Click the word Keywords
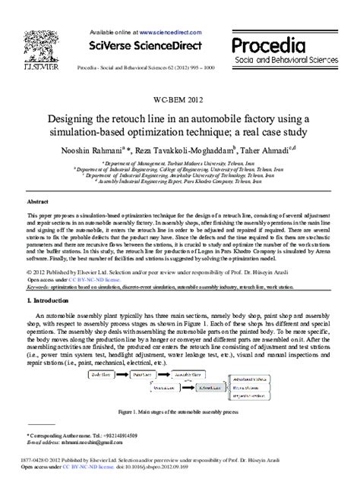[x=39, y=288]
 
